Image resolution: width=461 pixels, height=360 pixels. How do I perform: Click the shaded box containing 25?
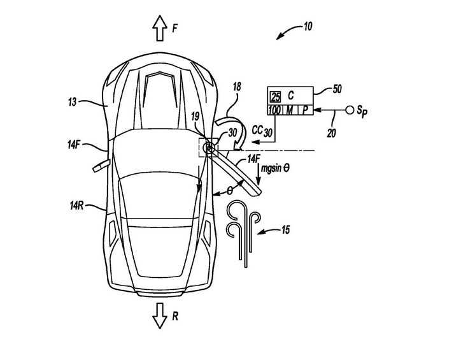point(275,97)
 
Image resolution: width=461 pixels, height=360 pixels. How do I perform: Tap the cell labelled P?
point(305,110)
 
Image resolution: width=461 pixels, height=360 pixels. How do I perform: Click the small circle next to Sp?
point(350,110)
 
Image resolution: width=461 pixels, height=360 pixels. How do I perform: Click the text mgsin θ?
point(276,169)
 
